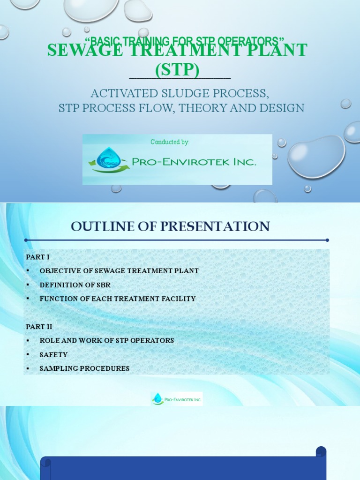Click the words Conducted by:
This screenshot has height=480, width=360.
(x=170, y=142)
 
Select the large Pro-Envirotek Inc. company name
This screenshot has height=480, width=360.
(x=194, y=162)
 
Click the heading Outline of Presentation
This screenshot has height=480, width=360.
(x=170, y=226)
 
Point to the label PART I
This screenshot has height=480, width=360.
(x=37, y=257)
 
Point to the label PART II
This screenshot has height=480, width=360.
(x=39, y=327)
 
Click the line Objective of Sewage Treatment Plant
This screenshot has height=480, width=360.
(x=119, y=271)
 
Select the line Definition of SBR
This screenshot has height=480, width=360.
(x=75, y=285)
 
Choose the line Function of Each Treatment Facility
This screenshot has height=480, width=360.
(x=118, y=299)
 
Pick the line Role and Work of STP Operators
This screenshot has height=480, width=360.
(x=107, y=340)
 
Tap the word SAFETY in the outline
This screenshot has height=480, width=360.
(x=53, y=355)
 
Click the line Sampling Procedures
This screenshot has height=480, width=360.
(x=84, y=368)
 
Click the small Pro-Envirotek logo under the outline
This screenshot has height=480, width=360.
(x=177, y=399)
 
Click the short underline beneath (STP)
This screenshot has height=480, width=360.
(x=180, y=78)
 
